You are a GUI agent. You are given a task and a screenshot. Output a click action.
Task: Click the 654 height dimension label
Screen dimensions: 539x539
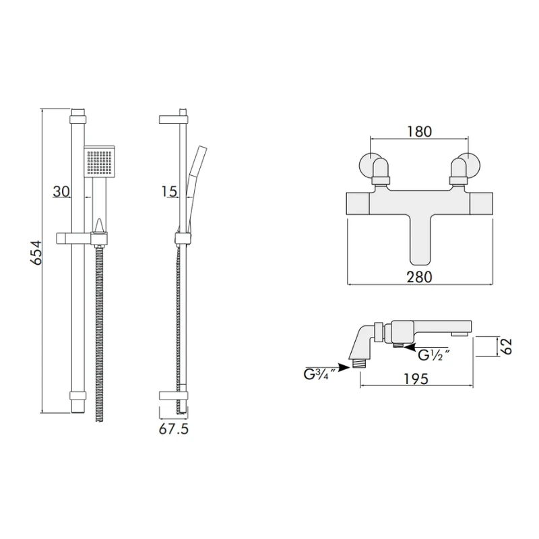click(36, 253)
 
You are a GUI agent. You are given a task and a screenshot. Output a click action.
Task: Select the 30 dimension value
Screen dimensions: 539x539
click(61, 191)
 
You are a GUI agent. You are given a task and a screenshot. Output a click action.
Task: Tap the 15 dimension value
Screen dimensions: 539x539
click(169, 191)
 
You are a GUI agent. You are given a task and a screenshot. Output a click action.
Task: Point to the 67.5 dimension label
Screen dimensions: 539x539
click(174, 429)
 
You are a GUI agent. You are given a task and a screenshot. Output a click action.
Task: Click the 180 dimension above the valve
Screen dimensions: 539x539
click(419, 131)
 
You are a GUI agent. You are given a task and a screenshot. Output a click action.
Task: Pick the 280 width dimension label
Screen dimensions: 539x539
click(419, 277)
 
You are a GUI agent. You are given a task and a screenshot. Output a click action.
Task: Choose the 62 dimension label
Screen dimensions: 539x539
click(506, 346)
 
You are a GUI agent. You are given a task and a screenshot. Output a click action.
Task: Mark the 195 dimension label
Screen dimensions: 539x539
click(416, 379)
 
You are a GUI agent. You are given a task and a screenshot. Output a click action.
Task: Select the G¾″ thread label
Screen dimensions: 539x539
click(319, 374)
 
